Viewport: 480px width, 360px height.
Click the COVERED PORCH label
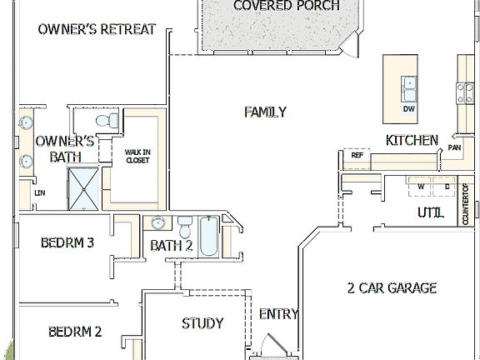(286, 6)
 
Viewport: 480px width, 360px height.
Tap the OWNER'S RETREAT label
(97, 29)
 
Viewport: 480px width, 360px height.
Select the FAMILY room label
(266, 112)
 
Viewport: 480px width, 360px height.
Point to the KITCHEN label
(411, 140)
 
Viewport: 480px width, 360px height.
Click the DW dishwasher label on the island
(409, 109)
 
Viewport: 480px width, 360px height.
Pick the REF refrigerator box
(357, 156)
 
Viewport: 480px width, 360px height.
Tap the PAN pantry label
(455, 147)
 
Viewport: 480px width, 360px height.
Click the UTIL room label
(430, 212)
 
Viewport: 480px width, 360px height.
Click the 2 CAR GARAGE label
(392, 288)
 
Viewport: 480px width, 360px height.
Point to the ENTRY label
(278, 314)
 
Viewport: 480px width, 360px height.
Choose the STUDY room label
(202, 323)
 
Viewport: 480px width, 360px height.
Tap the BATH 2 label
(172, 245)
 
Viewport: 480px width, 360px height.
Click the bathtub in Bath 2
(209, 237)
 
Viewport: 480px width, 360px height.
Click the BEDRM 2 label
(74, 332)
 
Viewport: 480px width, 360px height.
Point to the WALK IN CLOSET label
(137, 156)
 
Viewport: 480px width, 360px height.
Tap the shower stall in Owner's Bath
(82, 189)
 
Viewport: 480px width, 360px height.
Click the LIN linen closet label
(39, 192)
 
